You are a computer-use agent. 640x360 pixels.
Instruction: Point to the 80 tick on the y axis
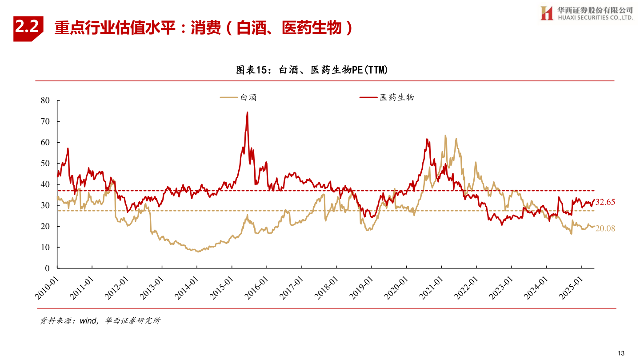pyautogui.click(x=45, y=100)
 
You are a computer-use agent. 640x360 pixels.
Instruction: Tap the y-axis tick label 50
pyautogui.click(x=45, y=163)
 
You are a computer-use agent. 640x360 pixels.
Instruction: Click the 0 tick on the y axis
pyautogui.click(x=47, y=268)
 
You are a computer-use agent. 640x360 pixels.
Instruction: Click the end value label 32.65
pyautogui.click(x=605, y=202)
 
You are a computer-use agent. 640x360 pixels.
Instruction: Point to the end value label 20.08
pyautogui.click(x=605, y=228)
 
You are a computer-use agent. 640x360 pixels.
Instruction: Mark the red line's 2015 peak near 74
pyautogui.click(x=247, y=112)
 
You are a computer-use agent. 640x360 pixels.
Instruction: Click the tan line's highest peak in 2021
pyautogui.click(x=445, y=136)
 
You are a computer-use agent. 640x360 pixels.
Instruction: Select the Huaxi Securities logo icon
pyautogui.click(x=547, y=13)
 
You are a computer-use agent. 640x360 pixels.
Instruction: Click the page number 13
pyautogui.click(x=621, y=353)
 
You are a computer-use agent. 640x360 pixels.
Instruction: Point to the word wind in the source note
pyautogui.click(x=88, y=321)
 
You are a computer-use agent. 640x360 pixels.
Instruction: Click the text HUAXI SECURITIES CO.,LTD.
pyautogui.click(x=595, y=18)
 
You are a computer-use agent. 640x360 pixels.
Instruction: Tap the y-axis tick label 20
pyautogui.click(x=45, y=226)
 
